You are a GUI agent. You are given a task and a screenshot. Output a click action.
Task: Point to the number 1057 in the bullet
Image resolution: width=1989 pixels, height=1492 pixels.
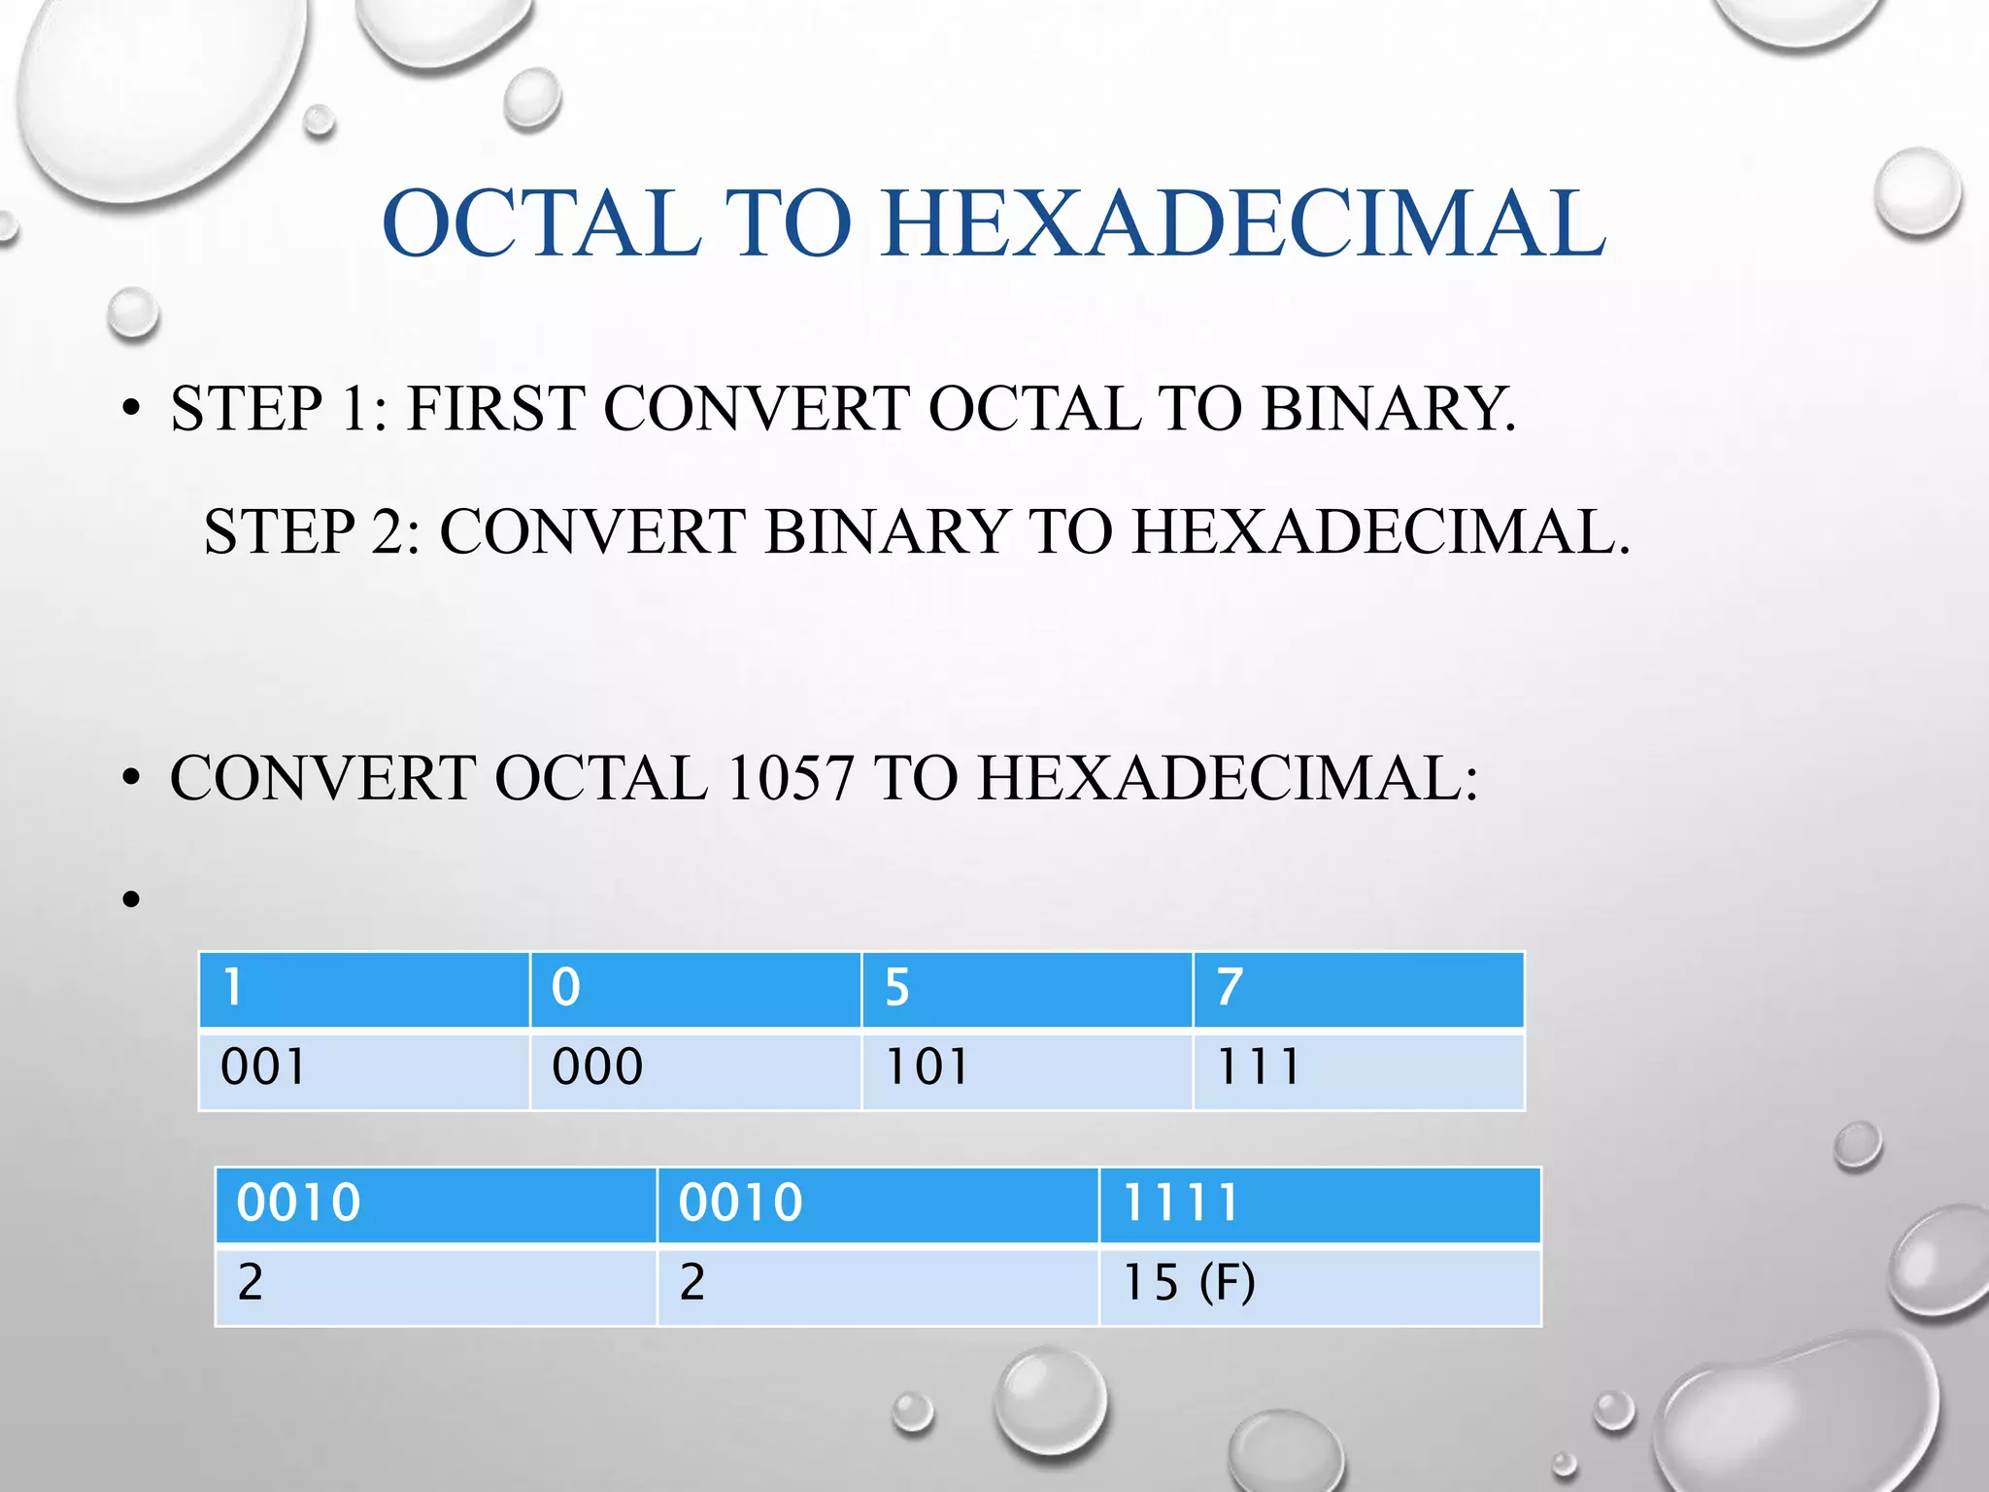tap(789, 778)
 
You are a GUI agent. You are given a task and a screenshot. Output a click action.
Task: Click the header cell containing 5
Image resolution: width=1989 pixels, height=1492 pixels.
tap(1027, 989)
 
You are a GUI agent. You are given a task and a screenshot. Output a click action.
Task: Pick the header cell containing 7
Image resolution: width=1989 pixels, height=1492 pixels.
tap(1358, 989)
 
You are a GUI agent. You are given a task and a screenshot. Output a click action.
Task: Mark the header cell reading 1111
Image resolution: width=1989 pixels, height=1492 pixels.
tap(1319, 1204)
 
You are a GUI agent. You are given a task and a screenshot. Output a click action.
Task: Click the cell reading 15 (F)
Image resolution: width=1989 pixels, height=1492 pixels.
tap(1319, 1285)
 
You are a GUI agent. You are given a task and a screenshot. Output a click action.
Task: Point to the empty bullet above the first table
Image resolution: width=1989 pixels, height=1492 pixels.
tap(132, 899)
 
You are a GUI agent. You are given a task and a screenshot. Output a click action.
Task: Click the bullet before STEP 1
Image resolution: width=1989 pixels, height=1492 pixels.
tap(132, 410)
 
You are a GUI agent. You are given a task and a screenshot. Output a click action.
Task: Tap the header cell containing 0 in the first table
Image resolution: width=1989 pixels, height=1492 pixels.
tap(695, 989)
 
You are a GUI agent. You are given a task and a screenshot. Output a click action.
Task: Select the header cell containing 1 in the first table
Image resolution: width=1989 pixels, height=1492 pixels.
tap(364, 989)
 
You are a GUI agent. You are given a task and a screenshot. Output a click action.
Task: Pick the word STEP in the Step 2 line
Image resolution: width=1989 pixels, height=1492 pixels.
tap(280, 532)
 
